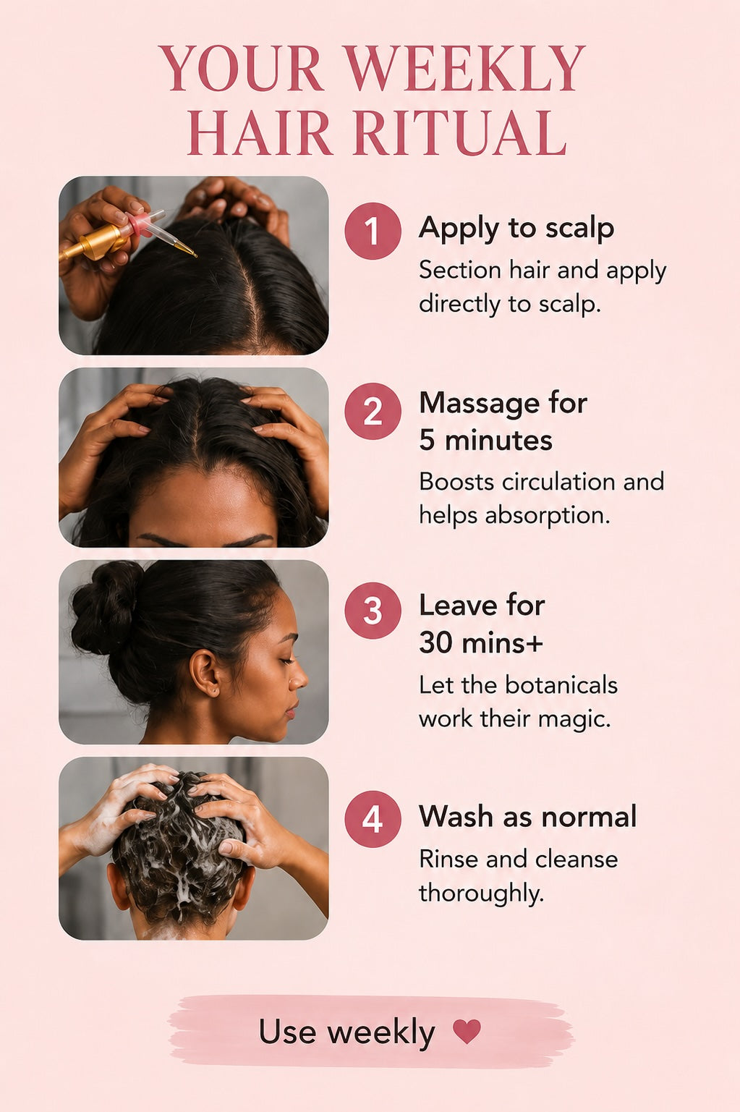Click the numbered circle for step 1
(x=373, y=231)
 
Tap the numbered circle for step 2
(x=373, y=411)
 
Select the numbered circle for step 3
(x=373, y=610)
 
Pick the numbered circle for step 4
(x=373, y=819)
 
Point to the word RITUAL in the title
(x=460, y=133)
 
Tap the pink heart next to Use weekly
(x=467, y=1030)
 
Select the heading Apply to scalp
(x=516, y=229)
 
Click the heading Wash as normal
(x=527, y=816)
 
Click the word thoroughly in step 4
(x=482, y=894)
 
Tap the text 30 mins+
(x=481, y=643)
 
